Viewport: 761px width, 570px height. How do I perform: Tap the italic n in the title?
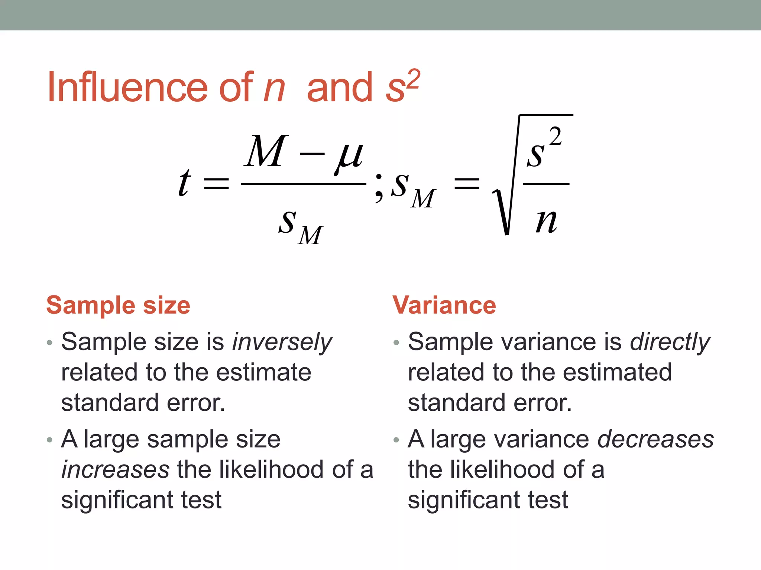coord(274,89)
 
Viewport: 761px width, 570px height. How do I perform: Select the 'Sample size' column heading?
coord(118,305)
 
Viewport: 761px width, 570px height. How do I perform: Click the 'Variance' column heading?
coord(444,305)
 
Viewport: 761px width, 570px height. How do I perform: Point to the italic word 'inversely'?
coord(282,342)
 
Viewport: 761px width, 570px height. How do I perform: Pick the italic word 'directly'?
coord(670,342)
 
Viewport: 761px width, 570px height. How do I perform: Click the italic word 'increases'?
coord(116,469)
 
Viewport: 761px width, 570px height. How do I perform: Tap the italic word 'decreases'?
coord(655,439)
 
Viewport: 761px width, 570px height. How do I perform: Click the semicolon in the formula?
coord(379,188)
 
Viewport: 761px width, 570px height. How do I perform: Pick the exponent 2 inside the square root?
coord(555,136)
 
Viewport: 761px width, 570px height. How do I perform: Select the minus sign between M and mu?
coord(311,154)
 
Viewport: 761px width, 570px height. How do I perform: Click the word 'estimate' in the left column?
coord(264,373)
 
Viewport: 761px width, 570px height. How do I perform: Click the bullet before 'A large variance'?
coord(396,440)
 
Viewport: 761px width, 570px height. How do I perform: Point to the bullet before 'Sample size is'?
coord(49,343)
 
